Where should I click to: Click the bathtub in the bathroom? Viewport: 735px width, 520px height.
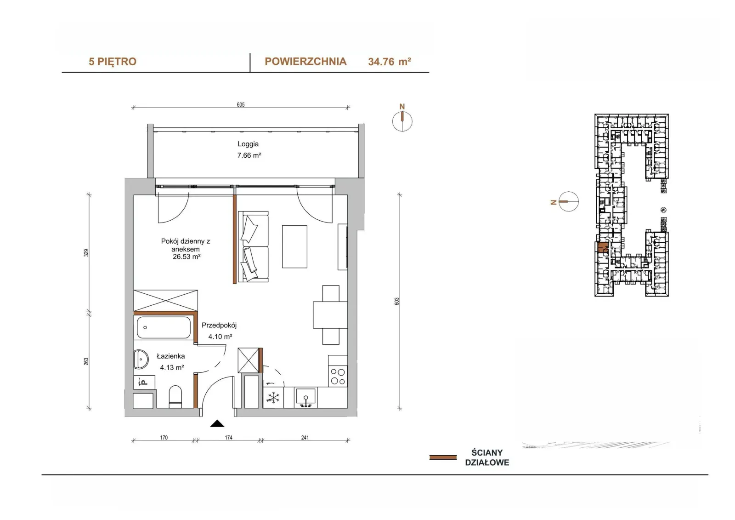point(164,327)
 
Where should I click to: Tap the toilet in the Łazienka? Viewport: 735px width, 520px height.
point(175,396)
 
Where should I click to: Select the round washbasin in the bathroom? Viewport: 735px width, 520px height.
point(141,359)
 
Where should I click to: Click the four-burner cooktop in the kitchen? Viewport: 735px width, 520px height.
point(338,377)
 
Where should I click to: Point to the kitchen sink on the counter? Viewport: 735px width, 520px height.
point(305,396)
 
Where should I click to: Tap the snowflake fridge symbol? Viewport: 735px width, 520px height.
point(273,398)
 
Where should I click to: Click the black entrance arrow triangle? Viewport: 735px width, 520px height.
point(217,424)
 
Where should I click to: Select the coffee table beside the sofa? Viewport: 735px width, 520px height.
point(294,247)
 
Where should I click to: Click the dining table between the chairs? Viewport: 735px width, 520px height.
point(330,314)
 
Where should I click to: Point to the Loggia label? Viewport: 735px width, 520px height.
point(248,144)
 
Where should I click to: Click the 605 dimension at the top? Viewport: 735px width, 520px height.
point(241,104)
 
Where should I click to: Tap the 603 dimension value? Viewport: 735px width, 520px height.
point(397,301)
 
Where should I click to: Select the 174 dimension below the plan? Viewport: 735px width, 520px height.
point(228,438)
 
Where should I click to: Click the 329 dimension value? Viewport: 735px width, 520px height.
point(86,252)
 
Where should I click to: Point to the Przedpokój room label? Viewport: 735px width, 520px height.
point(219,325)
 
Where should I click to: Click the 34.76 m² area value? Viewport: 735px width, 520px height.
point(390,62)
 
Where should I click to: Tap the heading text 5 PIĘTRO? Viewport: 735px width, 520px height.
point(112,62)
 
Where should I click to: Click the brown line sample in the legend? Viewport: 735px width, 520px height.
point(443,457)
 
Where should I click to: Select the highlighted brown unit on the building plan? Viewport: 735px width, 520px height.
point(602,247)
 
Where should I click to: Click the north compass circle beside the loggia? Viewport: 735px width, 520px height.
point(402,121)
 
